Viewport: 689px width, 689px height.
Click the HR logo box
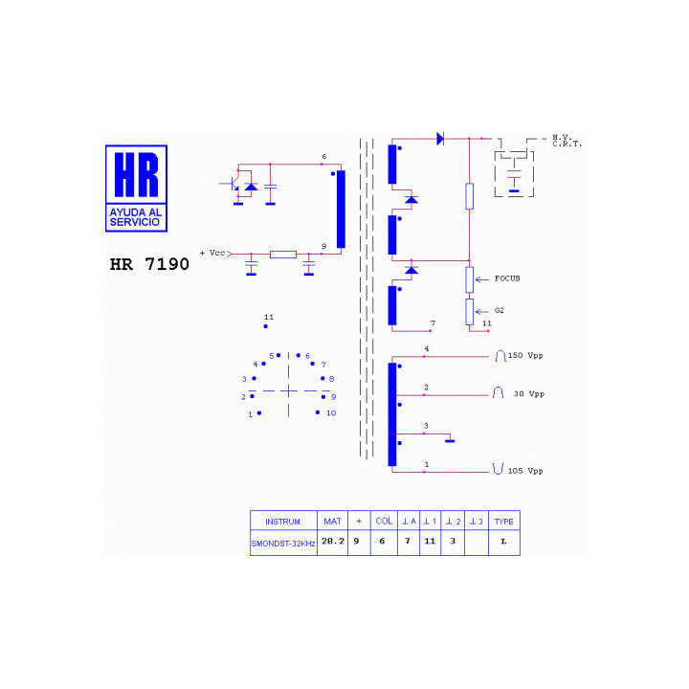(136, 189)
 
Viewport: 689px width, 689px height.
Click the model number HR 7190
(149, 264)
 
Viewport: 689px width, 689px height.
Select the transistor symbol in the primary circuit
(233, 184)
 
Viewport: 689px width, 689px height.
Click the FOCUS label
(507, 278)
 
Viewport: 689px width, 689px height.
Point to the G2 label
(500, 310)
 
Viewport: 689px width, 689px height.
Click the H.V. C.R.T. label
(567, 141)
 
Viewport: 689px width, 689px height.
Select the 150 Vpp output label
(525, 355)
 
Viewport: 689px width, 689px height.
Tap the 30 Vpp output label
(529, 393)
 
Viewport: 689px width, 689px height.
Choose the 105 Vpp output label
(525, 471)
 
